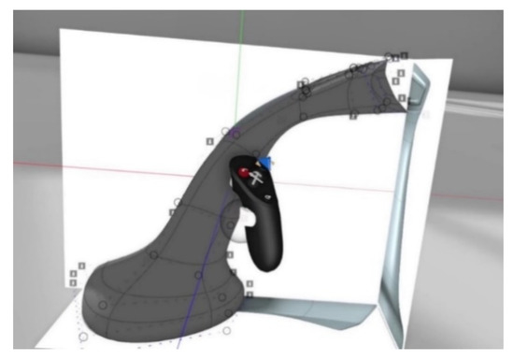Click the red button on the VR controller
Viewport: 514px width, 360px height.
coord(245,174)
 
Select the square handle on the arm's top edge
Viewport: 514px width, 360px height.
coord(301,84)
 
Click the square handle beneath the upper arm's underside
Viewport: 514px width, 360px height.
coord(353,116)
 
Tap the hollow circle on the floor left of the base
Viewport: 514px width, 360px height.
coord(85,336)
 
